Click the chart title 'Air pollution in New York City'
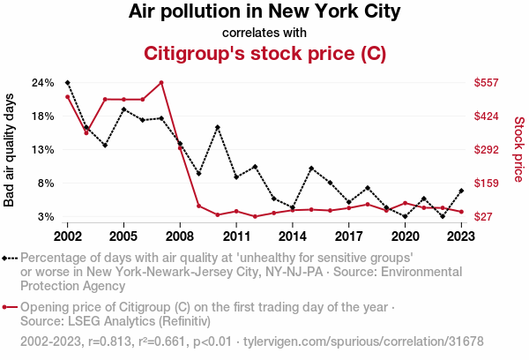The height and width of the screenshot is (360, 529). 264,12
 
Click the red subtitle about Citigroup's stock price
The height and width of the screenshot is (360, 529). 264,54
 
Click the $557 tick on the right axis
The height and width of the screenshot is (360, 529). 487,83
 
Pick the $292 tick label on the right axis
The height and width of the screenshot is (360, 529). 487,150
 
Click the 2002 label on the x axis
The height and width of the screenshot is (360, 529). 68,236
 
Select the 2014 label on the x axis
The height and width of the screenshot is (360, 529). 293,236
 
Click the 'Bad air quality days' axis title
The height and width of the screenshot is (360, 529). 11,150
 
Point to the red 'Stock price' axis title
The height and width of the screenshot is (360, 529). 518,150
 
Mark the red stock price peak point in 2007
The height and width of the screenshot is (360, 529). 161,83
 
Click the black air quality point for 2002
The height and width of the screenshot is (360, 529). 68,83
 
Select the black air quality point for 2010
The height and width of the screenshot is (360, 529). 218,128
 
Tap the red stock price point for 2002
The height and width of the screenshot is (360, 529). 68,97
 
